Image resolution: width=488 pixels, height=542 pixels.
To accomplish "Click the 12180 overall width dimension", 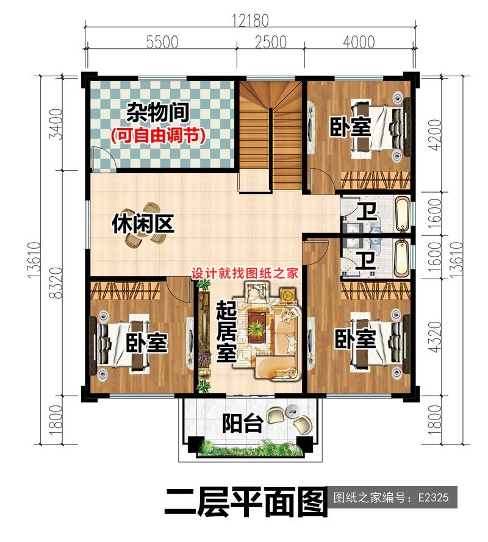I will pyautogui.click(x=250, y=20).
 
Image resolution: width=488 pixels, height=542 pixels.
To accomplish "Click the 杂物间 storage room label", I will pyautogui.click(x=157, y=112).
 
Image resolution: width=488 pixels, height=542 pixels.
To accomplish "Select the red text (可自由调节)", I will pyautogui.click(x=157, y=135).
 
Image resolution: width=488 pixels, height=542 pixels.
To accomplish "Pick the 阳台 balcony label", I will pyautogui.click(x=242, y=423).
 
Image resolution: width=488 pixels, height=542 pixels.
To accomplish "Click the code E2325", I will pyautogui.click(x=433, y=497).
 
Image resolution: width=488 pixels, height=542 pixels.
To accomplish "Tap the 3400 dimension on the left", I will pyautogui.click(x=57, y=124).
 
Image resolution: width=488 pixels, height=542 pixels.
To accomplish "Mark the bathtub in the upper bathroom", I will pyautogui.click(x=403, y=214).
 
